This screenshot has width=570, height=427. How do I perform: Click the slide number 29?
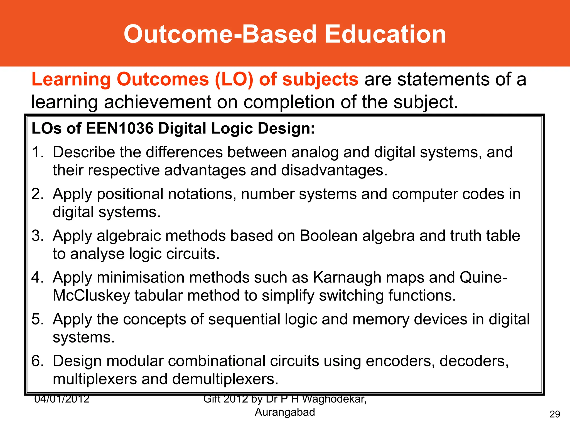pos(555,414)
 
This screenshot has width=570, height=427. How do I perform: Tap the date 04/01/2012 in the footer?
pos(62,399)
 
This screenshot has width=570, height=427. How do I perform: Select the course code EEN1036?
pos(120,128)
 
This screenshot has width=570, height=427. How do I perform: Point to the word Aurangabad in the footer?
pos(285,412)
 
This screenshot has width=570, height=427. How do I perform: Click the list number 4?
pos(37,277)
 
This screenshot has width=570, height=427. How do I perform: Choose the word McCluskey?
pos(91,295)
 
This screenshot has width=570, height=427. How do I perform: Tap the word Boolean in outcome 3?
pos(328,235)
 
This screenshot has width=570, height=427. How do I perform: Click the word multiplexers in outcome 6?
pos(95,379)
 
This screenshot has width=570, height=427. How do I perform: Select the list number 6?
pos(37,361)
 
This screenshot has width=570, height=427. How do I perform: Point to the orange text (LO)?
pos(234,80)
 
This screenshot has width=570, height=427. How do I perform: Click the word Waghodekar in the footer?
pos(334,399)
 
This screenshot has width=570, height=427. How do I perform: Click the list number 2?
pos(37,194)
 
